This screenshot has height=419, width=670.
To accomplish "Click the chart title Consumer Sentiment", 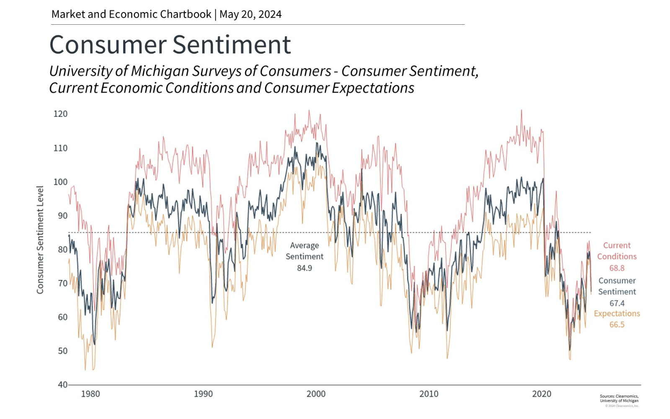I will click(x=170, y=45).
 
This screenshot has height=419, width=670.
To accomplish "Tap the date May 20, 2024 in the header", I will click(x=250, y=14).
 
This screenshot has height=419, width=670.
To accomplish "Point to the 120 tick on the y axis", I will click(x=60, y=114).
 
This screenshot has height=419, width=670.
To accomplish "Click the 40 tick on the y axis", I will click(x=62, y=385).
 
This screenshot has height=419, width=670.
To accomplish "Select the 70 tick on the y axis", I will click(x=62, y=283).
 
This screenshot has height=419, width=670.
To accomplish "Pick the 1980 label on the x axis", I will click(x=90, y=394).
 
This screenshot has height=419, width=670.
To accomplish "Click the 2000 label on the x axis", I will click(x=316, y=394).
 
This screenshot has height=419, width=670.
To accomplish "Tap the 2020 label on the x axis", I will click(x=541, y=394).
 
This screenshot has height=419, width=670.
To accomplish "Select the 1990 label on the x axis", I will click(x=203, y=394).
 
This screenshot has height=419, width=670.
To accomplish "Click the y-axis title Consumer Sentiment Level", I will click(x=40, y=240).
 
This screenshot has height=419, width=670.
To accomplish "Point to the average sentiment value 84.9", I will click(x=304, y=268).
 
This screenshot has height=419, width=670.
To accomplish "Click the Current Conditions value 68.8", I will click(x=617, y=268).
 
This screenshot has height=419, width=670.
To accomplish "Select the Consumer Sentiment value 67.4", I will click(x=617, y=303).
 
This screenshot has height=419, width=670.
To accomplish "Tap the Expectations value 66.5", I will click(x=617, y=325).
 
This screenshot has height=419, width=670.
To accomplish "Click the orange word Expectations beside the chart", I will click(x=617, y=313).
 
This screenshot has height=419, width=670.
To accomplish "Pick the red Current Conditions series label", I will click(x=617, y=251).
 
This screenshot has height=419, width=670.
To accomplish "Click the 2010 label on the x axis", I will click(x=429, y=394).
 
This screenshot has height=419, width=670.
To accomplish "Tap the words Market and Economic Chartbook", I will click(x=131, y=14).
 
